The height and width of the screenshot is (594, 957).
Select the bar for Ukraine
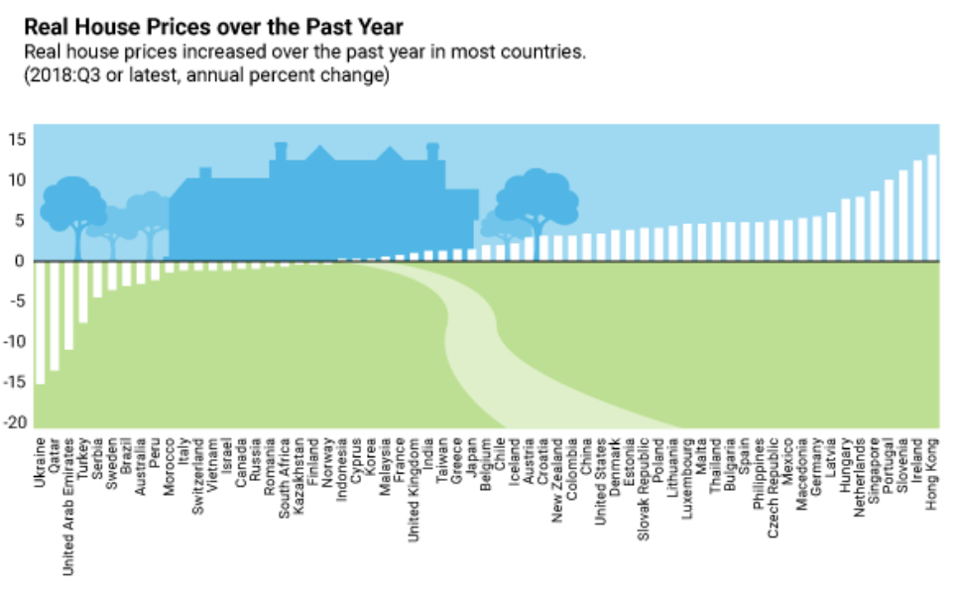(40, 322)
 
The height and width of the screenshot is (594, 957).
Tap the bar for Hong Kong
(932, 208)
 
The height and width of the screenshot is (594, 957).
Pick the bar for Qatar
(55, 315)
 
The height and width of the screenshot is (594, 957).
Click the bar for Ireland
(917, 211)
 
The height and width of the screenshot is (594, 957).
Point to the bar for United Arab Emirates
(68, 305)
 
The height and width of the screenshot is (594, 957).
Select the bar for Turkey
(83, 292)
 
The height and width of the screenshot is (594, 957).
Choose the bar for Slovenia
(903, 216)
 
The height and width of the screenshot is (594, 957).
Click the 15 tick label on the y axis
(17, 140)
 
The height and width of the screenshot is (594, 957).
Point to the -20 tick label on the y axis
(15, 423)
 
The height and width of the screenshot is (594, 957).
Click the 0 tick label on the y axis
(19, 262)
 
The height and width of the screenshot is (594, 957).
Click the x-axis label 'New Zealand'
(557, 471)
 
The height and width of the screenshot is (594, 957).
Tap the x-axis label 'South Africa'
(284, 470)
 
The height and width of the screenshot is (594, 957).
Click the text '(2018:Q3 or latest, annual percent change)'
(204, 75)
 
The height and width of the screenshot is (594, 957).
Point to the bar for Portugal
(889, 220)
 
